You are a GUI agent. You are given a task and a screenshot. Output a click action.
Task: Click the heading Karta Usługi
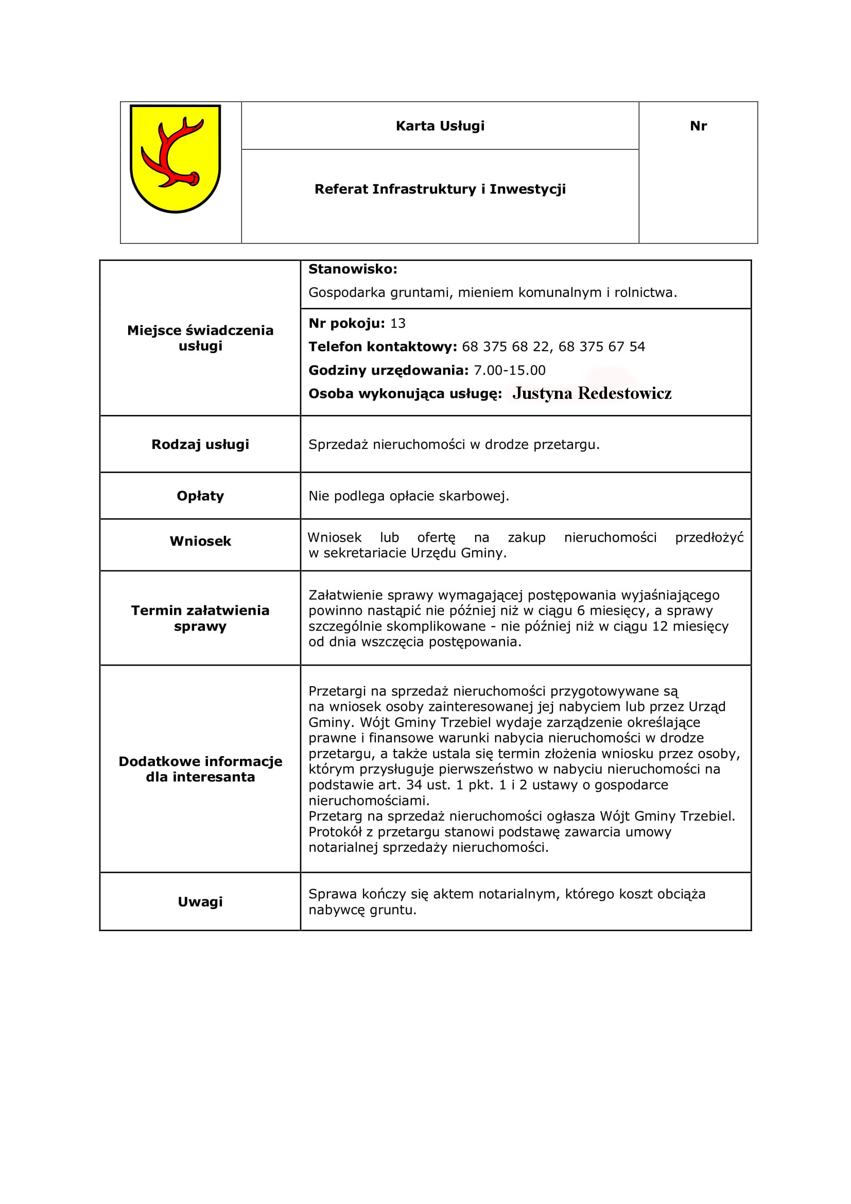(x=440, y=126)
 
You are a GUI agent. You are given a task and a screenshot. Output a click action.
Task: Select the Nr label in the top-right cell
(x=698, y=126)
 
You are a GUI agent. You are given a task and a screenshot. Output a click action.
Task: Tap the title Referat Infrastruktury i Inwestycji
(x=440, y=189)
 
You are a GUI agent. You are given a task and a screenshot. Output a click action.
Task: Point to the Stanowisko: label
(x=353, y=269)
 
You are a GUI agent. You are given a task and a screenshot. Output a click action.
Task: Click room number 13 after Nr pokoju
(x=398, y=323)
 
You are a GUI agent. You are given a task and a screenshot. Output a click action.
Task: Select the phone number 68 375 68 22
(x=506, y=346)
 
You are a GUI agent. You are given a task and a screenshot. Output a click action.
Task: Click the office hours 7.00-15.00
(x=510, y=370)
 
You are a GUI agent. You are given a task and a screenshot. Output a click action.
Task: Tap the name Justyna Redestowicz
(x=592, y=393)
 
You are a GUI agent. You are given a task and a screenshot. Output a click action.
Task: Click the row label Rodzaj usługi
(x=200, y=444)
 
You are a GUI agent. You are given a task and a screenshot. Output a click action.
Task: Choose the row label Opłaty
(x=200, y=496)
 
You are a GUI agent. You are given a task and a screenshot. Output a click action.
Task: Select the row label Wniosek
(x=200, y=541)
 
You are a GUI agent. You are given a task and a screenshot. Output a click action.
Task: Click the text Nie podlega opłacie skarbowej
(x=409, y=496)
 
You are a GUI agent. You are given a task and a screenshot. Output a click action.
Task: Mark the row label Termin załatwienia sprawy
(x=200, y=618)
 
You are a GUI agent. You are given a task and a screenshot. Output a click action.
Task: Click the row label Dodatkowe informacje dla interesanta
(x=200, y=769)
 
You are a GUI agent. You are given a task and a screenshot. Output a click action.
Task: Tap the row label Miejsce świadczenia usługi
(x=200, y=338)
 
